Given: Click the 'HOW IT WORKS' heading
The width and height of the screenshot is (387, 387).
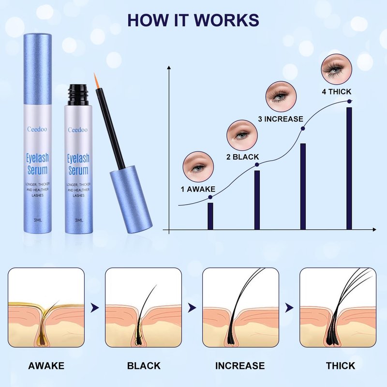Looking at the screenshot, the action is tap(193, 20).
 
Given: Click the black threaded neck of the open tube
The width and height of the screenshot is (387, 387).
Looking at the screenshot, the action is tap(78, 95).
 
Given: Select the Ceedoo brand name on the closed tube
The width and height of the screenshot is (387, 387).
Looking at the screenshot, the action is tap(37, 129).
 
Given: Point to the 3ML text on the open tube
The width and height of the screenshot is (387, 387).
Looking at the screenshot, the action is tap(79, 220).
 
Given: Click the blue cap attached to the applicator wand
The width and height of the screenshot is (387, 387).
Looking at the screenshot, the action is tap(131, 199).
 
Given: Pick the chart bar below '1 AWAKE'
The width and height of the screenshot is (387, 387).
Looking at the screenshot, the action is tap(210, 216).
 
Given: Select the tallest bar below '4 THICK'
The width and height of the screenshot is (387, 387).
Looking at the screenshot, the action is tap(349, 168).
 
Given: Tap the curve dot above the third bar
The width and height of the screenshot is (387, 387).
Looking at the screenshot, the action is tap(303, 128).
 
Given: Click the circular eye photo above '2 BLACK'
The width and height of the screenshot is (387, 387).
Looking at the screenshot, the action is tap(242, 135).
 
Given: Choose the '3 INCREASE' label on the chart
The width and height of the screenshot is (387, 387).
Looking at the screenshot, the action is tap(281, 119).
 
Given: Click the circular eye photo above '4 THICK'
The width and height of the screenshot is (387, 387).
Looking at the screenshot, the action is tap(337, 69).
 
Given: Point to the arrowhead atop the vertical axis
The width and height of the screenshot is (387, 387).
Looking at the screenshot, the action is tap(169, 68).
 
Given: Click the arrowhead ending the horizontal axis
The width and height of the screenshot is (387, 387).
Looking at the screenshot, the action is tap(374, 229).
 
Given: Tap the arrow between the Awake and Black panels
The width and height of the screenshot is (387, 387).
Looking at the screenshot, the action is tap(94, 308).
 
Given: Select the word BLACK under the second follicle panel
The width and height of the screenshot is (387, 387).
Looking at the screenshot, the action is tap(144, 366).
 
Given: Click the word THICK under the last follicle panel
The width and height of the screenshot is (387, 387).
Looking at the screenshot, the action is tap(341, 366).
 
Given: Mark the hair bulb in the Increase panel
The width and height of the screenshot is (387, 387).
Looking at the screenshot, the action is tap(231, 340).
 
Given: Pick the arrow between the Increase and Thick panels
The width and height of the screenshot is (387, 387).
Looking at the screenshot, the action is tap(289, 308).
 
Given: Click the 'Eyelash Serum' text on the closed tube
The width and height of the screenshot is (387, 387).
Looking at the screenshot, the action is tap(38, 164).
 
